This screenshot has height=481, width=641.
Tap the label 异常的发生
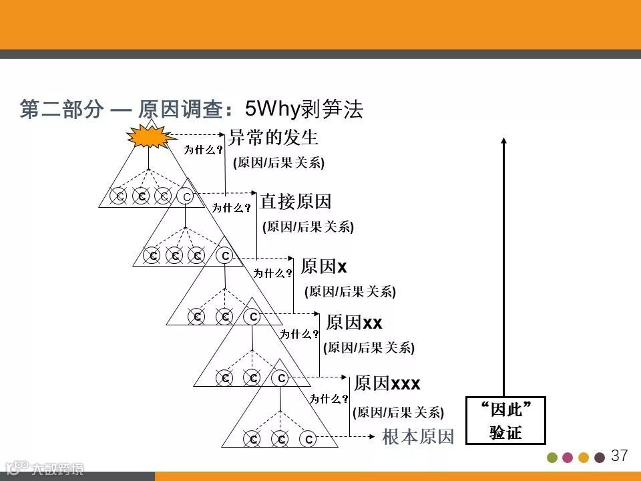[273, 138]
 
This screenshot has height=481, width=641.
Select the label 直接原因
[296, 202]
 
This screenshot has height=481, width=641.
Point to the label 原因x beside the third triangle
[324, 267]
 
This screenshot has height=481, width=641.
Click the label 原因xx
[354, 323]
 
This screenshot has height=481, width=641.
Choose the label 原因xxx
[387, 383]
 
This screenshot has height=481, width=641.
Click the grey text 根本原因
[418, 438]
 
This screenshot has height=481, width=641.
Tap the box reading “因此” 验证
[506, 421]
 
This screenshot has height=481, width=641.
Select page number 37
[620, 456]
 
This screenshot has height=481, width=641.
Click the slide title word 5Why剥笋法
[304, 109]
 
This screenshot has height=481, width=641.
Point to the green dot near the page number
[552, 458]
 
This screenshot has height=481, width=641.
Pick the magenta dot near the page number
[568, 458]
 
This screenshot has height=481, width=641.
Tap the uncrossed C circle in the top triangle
[186, 196]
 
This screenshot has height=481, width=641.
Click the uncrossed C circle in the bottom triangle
[308, 439]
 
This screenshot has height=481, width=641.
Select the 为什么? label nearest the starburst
[204, 150]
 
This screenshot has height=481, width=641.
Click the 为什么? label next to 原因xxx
[329, 399]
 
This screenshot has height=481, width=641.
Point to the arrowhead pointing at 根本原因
[371, 438]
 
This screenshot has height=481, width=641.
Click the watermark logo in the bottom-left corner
[44, 468]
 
